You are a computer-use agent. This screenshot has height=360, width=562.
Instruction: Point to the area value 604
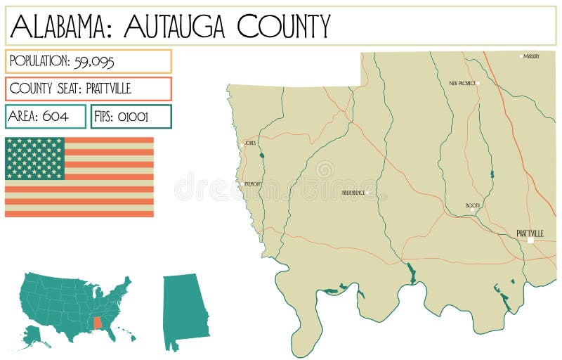55,117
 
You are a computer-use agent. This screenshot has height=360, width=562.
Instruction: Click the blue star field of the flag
34,158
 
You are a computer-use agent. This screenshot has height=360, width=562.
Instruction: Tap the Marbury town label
532,56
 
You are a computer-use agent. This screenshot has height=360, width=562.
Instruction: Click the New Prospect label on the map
462,83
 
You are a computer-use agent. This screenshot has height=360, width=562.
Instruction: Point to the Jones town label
250,143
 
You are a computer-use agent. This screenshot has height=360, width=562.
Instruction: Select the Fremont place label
252,184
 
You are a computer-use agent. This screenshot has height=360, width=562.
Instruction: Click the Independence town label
353,193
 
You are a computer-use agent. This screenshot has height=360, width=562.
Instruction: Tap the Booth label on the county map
471,205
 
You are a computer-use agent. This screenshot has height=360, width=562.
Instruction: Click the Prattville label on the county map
530,233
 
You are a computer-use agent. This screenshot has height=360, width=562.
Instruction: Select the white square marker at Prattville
530,240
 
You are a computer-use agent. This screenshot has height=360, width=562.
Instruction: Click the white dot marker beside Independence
367,193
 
